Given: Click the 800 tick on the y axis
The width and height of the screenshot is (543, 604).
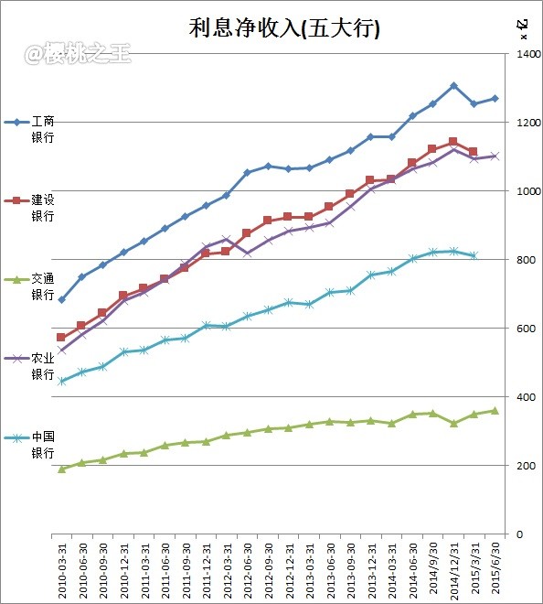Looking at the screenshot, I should point(523,260).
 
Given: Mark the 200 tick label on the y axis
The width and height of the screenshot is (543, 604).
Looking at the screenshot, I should point(523,466).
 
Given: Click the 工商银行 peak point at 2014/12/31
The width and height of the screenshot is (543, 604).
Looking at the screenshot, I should point(453,86).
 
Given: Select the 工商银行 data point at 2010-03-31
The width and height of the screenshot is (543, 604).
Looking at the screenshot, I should point(61,299).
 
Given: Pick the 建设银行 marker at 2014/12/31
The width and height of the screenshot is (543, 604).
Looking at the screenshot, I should point(453,142).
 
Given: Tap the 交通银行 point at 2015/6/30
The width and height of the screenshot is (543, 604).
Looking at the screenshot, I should point(495,410).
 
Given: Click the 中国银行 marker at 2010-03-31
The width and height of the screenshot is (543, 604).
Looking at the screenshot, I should point(61,381).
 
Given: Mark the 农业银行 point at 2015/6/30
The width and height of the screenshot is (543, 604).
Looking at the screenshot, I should point(495,156).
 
